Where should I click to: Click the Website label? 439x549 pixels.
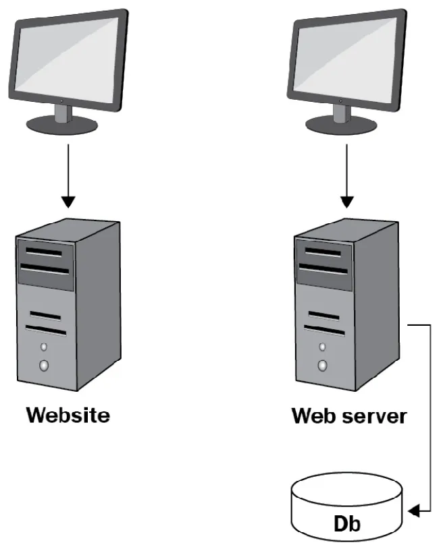click(68, 414)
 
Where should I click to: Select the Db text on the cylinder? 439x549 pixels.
click(348, 524)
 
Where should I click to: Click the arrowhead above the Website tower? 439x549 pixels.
click(68, 201)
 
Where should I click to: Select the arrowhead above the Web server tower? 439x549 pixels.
click(346, 201)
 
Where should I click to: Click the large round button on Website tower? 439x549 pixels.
click(45, 367)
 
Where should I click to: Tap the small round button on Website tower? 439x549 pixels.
click(45, 348)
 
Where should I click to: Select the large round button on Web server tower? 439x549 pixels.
click(323, 366)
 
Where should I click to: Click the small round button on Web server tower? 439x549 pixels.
click(323, 347)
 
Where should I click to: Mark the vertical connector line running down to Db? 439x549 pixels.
click(430, 418)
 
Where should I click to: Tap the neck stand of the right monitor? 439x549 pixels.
click(340, 112)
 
